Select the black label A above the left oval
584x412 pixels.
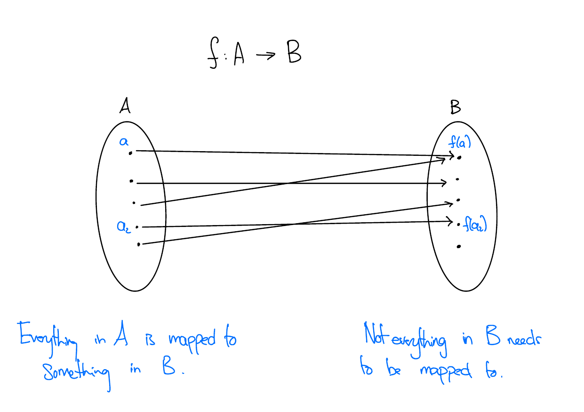point(125,107)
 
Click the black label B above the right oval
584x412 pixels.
point(456,108)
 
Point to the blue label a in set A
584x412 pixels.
point(123,141)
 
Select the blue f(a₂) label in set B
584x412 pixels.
point(474,226)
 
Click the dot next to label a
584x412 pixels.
point(130,152)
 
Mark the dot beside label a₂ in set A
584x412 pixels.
point(137,227)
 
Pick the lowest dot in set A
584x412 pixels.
point(138,244)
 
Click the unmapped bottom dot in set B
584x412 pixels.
point(458,246)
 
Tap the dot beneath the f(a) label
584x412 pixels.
point(459,157)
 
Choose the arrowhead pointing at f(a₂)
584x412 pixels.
point(452,220)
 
